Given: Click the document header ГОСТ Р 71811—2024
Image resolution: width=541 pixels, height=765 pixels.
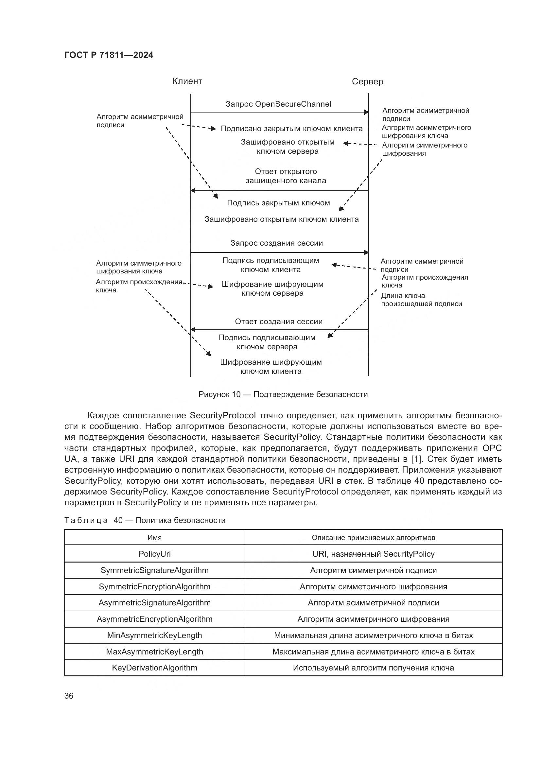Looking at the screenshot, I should [109, 55].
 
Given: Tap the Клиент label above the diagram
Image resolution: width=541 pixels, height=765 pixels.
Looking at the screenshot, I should [187, 81].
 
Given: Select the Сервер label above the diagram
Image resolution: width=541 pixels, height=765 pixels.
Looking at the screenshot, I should [367, 82].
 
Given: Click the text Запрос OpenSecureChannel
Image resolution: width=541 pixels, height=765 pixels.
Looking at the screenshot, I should [278, 104].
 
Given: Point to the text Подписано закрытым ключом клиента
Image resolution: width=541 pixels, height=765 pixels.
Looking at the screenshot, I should [291, 129].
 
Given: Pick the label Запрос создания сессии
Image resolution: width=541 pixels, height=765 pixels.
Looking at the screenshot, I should [276, 243].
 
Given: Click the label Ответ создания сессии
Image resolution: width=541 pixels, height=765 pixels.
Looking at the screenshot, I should [279, 322].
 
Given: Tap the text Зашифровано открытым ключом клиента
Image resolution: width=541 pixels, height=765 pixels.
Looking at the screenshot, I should [282, 219].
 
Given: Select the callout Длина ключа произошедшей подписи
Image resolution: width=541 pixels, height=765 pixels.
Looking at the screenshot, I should [421, 300].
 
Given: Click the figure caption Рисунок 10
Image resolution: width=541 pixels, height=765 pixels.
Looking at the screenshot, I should [283, 394].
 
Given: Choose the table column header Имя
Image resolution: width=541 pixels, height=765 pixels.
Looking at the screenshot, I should [155, 537].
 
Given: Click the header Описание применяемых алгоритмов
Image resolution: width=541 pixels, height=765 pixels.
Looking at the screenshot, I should [373, 537].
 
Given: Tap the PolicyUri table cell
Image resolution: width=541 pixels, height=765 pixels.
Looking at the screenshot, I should [155, 554].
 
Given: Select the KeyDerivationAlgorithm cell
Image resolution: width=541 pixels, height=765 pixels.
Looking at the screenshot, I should [155, 668].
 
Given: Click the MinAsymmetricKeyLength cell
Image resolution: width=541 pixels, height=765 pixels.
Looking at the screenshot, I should [155, 635].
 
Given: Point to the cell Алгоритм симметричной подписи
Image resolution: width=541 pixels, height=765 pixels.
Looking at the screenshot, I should [373, 570].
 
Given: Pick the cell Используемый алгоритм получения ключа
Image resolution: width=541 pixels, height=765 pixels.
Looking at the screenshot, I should [373, 668].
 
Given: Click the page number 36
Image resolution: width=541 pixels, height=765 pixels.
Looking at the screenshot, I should [69, 696].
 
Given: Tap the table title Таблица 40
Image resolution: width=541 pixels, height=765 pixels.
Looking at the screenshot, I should [145, 520].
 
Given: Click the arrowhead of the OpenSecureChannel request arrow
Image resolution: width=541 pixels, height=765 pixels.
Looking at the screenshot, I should [366, 112].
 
